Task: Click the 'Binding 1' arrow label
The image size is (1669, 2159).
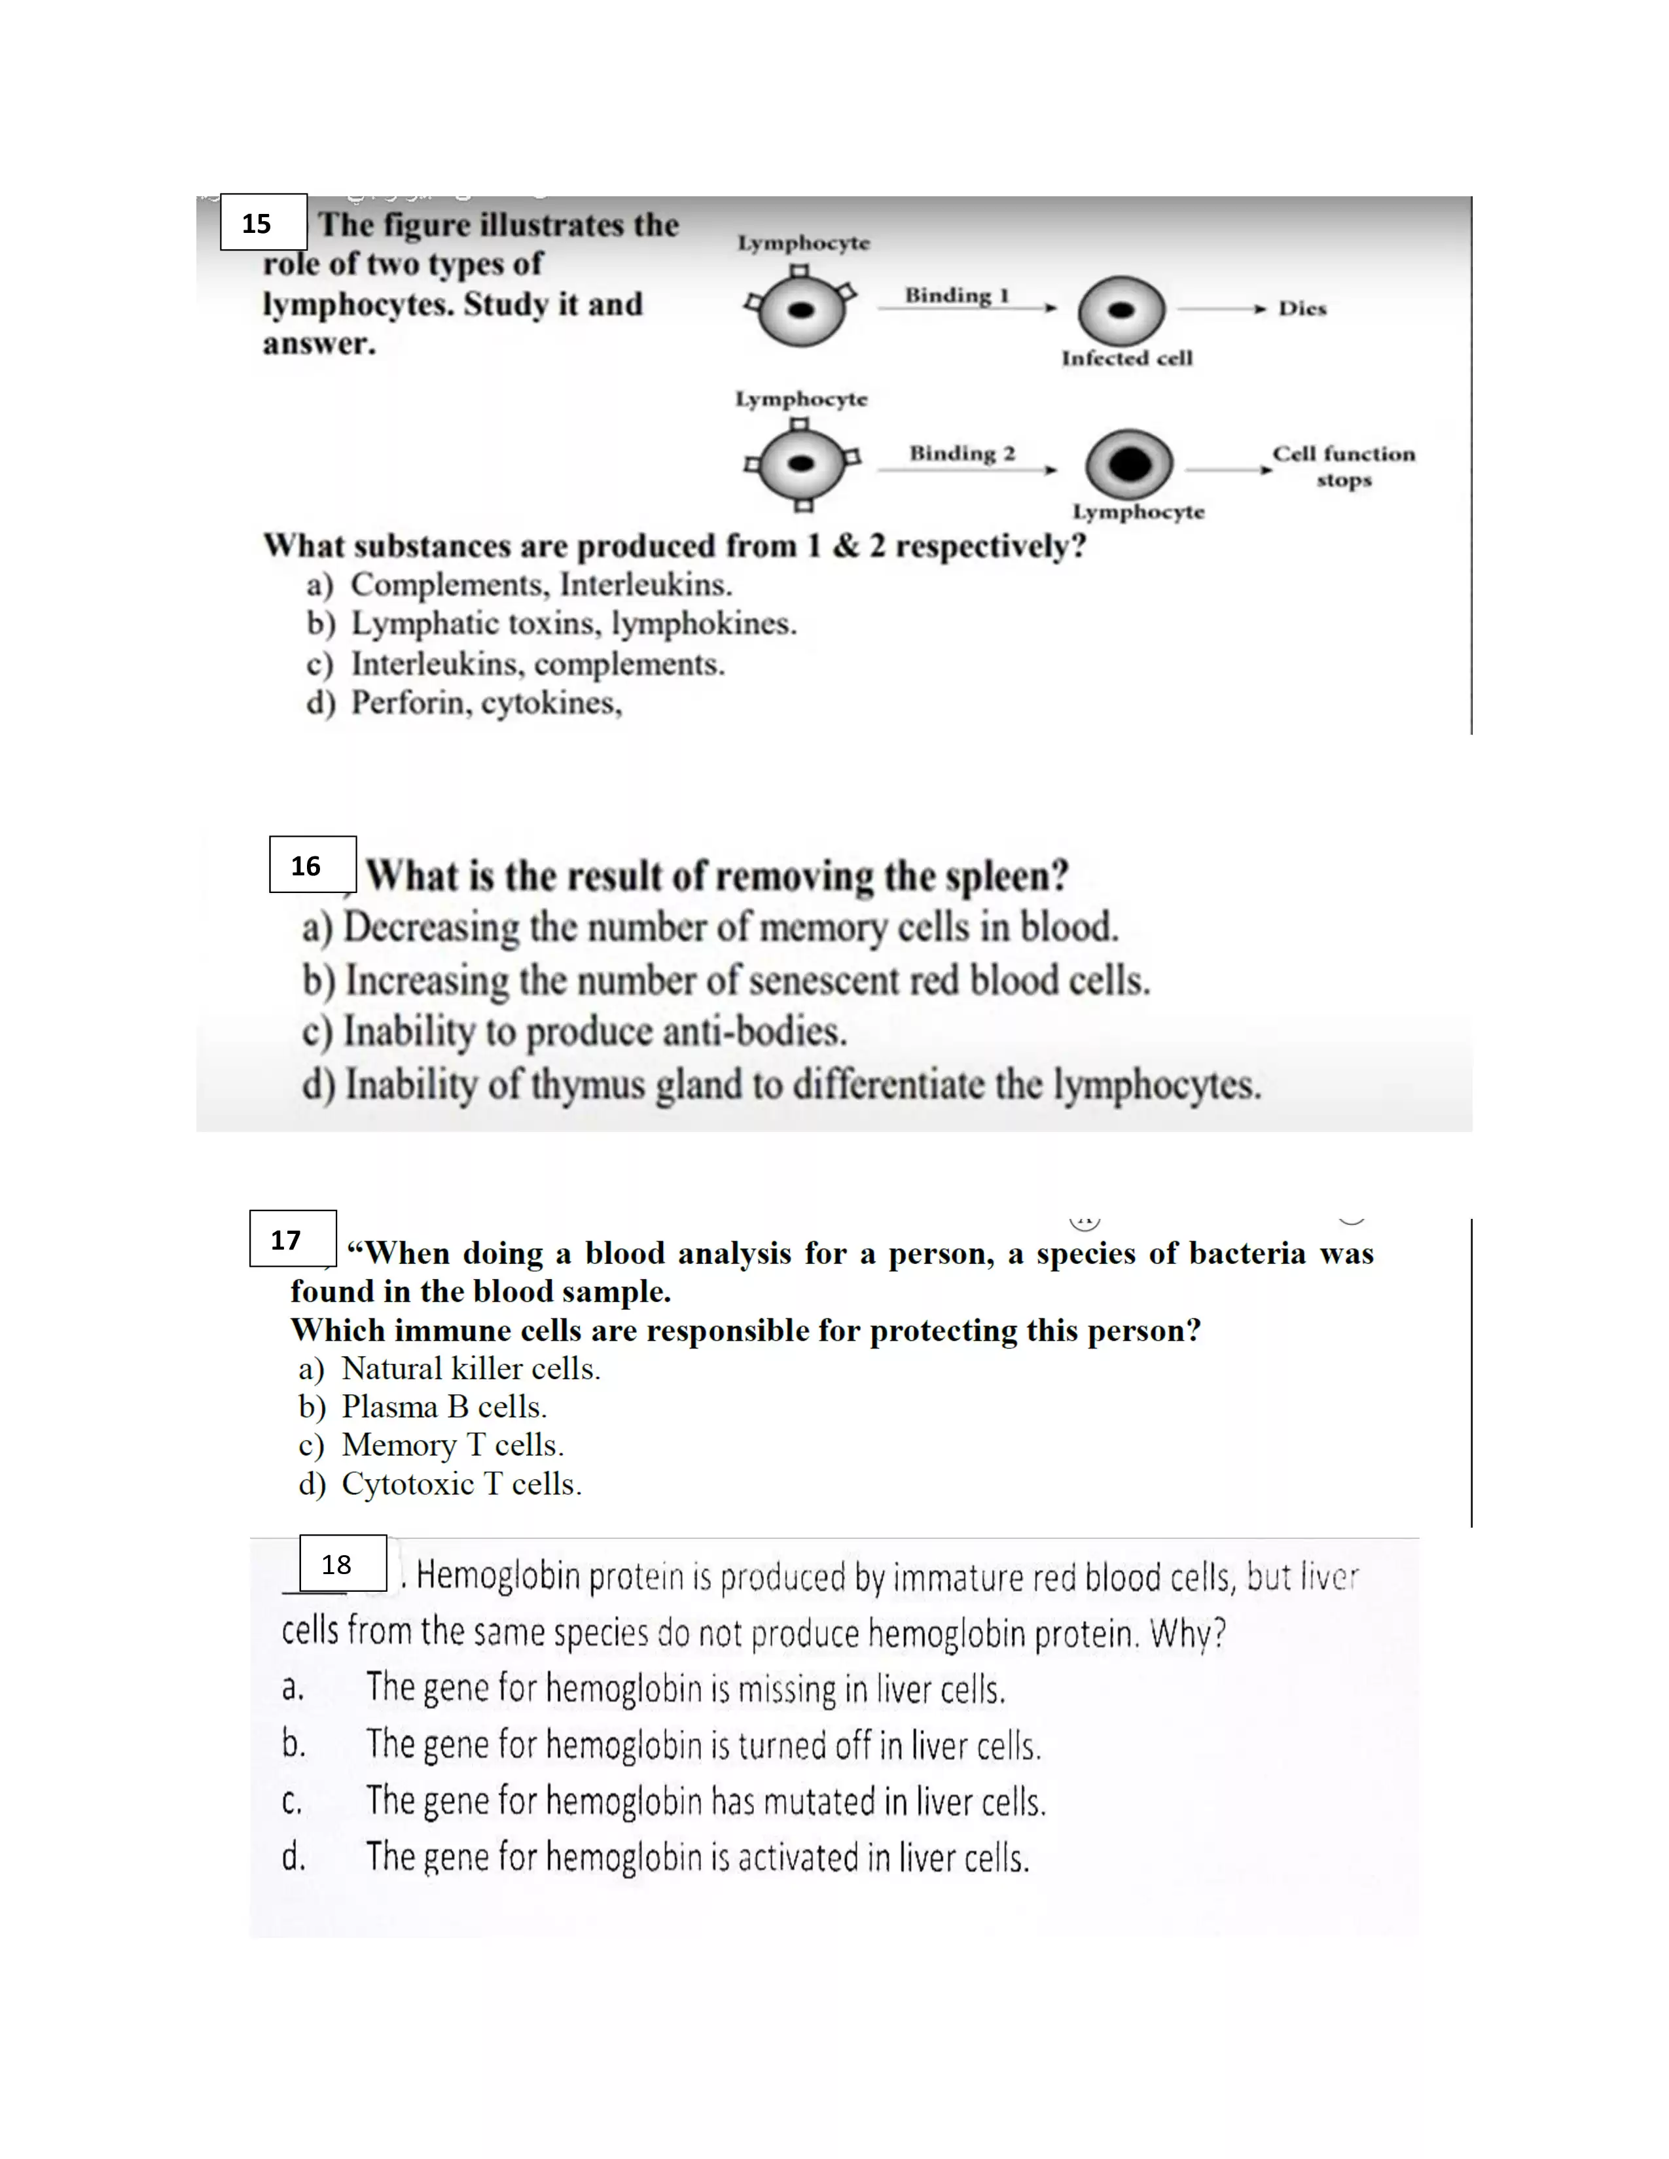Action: pos(956,294)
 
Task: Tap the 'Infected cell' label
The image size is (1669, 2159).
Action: pos(1126,358)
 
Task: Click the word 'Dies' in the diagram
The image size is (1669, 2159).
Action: pos(1301,308)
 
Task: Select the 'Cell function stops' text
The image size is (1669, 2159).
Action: pos(1342,466)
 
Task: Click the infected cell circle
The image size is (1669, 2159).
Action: pos(1121,310)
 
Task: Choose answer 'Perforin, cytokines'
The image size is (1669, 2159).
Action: pos(486,703)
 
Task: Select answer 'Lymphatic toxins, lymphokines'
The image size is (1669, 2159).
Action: pos(573,623)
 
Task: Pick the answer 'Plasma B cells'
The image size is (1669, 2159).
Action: pos(443,1407)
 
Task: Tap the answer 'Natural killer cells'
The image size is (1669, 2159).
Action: pos(471,1368)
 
